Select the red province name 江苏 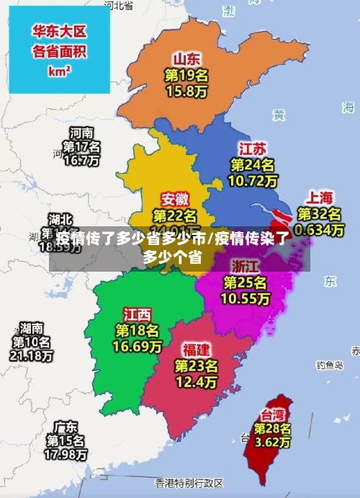(252, 148)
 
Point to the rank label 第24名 (252, 165)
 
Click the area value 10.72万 (252, 181)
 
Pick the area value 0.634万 (320, 230)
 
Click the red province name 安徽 (176, 197)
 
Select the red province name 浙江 (246, 264)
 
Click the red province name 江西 (138, 314)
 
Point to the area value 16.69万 (138, 347)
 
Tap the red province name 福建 (196, 349)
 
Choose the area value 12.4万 (196, 381)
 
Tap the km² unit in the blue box (60, 71)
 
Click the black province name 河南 (81, 133)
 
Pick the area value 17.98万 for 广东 (66, 454)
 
